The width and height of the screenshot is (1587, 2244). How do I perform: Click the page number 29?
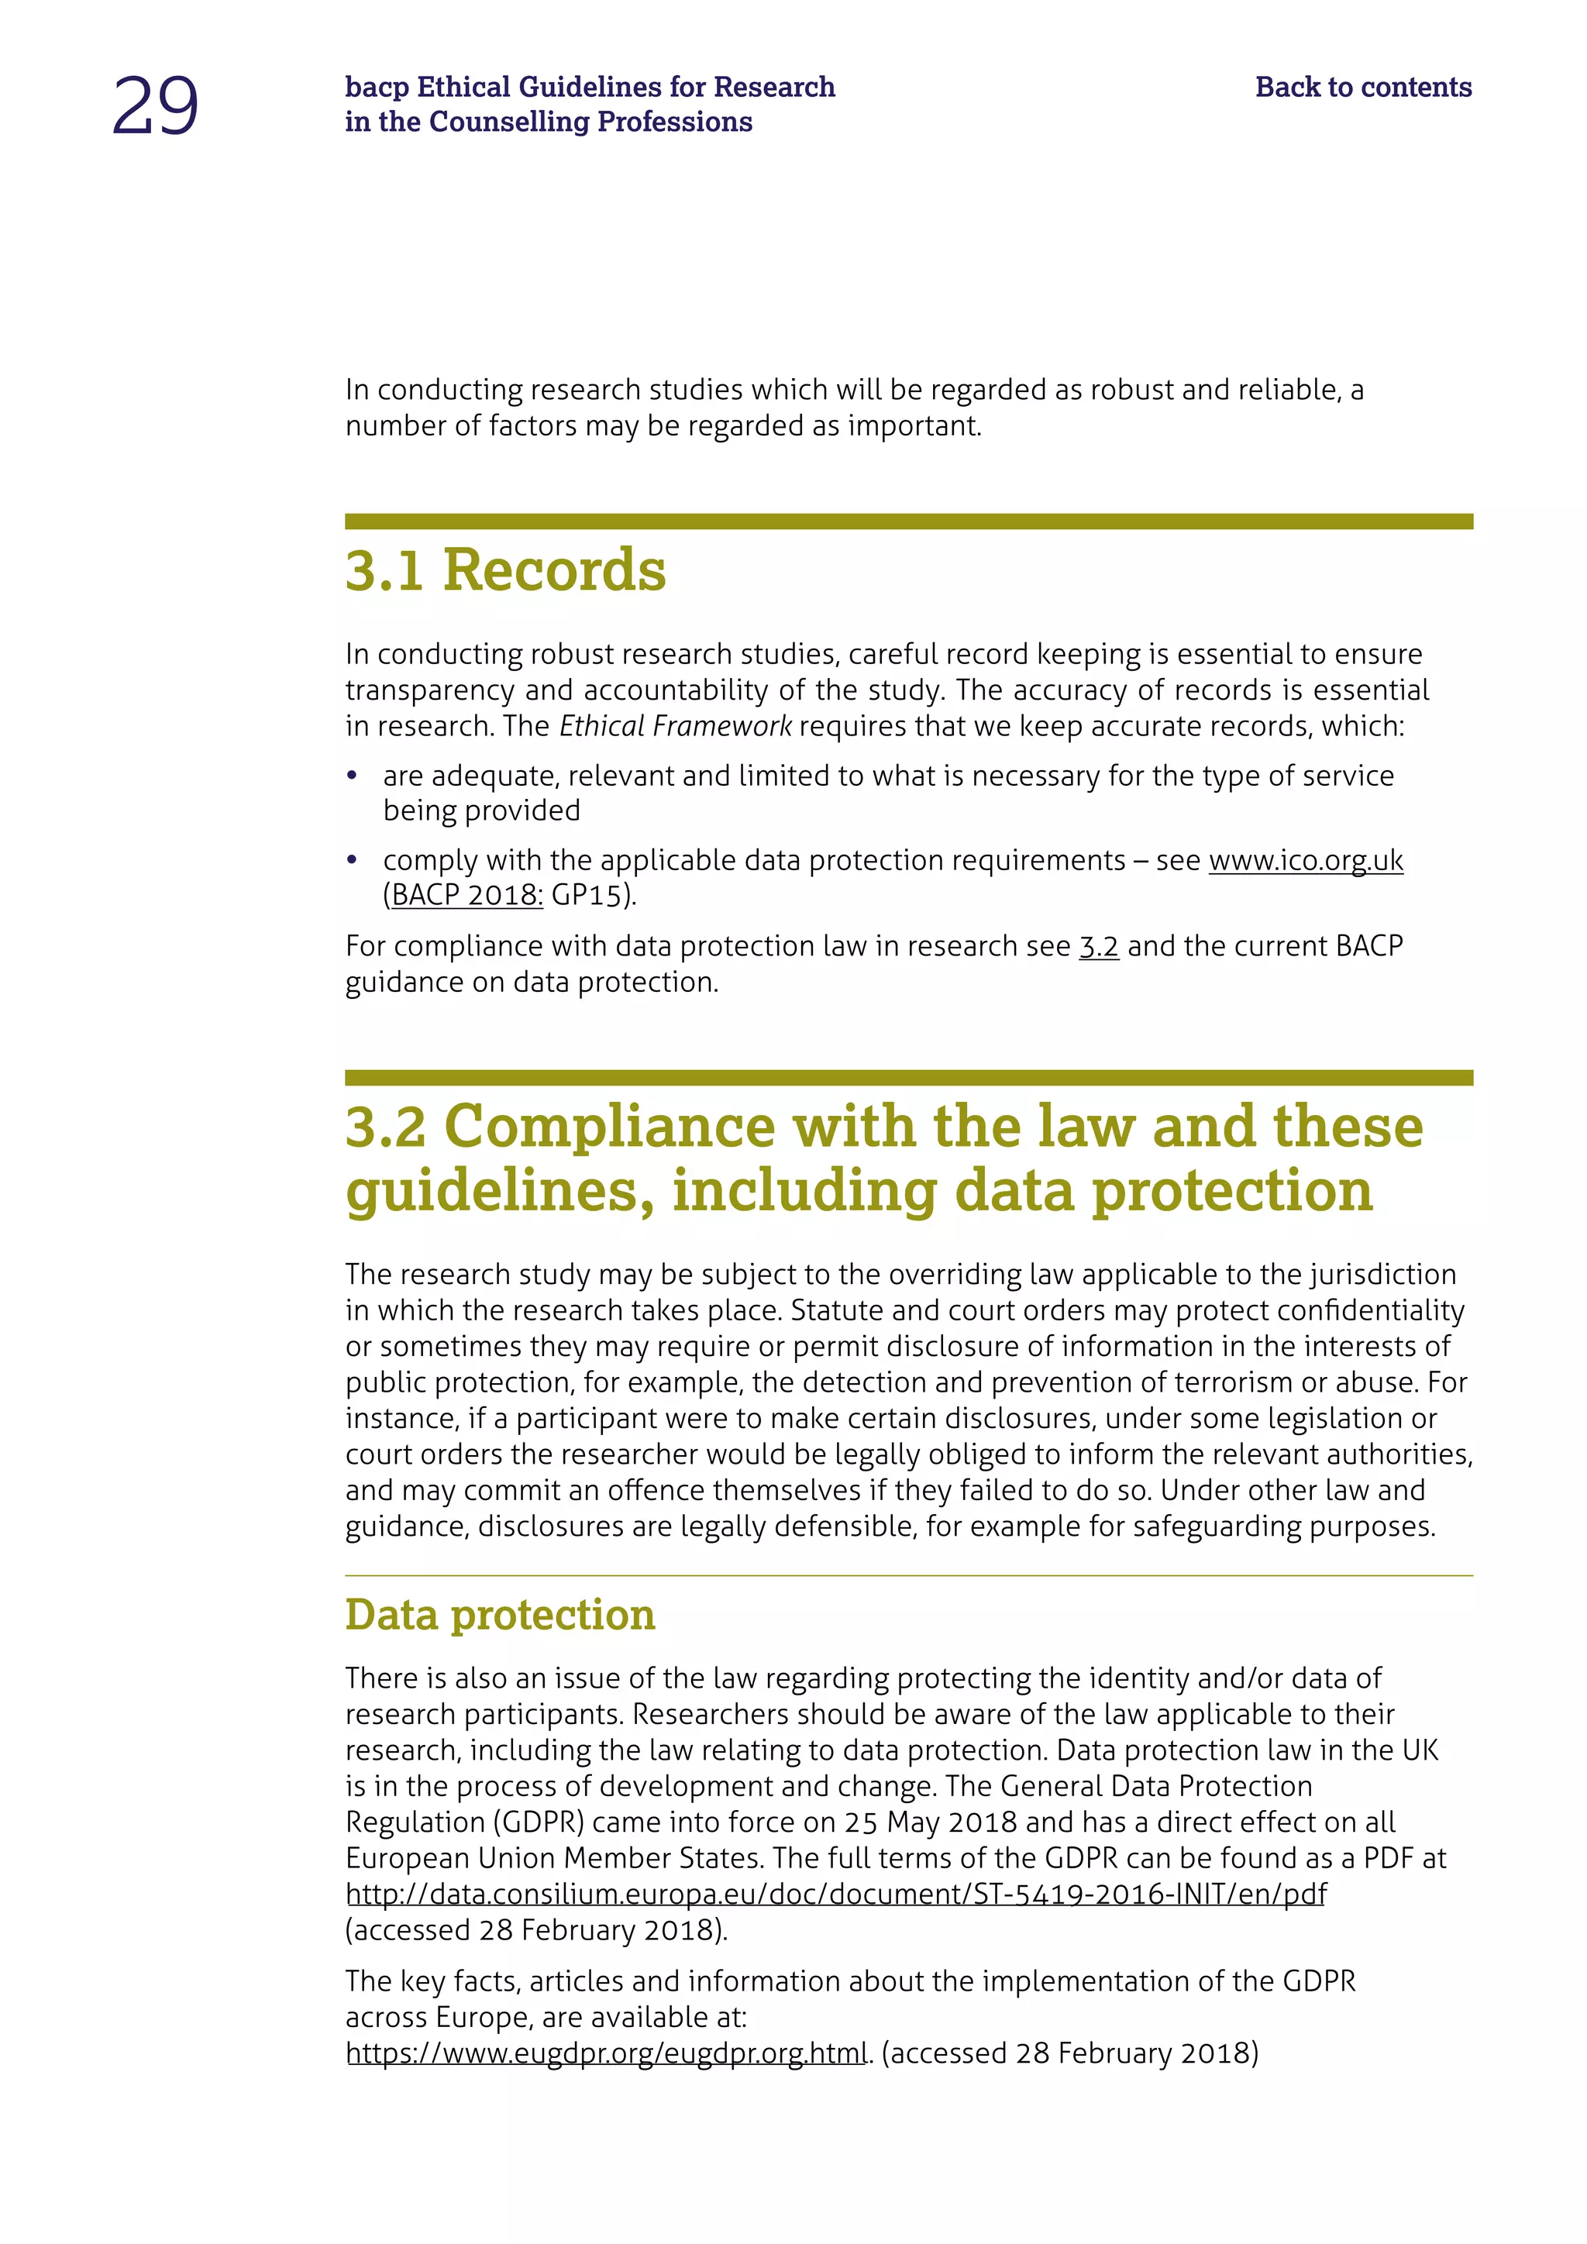pos(156,105)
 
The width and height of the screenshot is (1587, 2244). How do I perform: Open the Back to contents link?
pos(1362,87)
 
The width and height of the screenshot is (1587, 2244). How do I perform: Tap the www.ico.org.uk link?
pos(1306,860)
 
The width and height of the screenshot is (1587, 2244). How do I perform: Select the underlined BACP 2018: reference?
pos(467,895)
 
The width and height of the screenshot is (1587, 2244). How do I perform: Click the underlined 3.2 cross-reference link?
pos(1098,946)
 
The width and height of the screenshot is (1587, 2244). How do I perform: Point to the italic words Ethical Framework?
pos(675,726)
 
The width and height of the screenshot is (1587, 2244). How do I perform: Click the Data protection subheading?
pos(499,1615)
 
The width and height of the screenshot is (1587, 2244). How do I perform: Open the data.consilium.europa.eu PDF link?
pos(836,1894)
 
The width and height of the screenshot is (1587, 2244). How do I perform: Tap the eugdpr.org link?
pos(606,2053)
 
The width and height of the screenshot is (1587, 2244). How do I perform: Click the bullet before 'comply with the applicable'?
pos(353,861)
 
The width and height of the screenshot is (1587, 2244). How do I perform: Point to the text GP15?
pos(587,895)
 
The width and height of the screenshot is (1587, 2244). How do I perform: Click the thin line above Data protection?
pos(908,1575)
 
